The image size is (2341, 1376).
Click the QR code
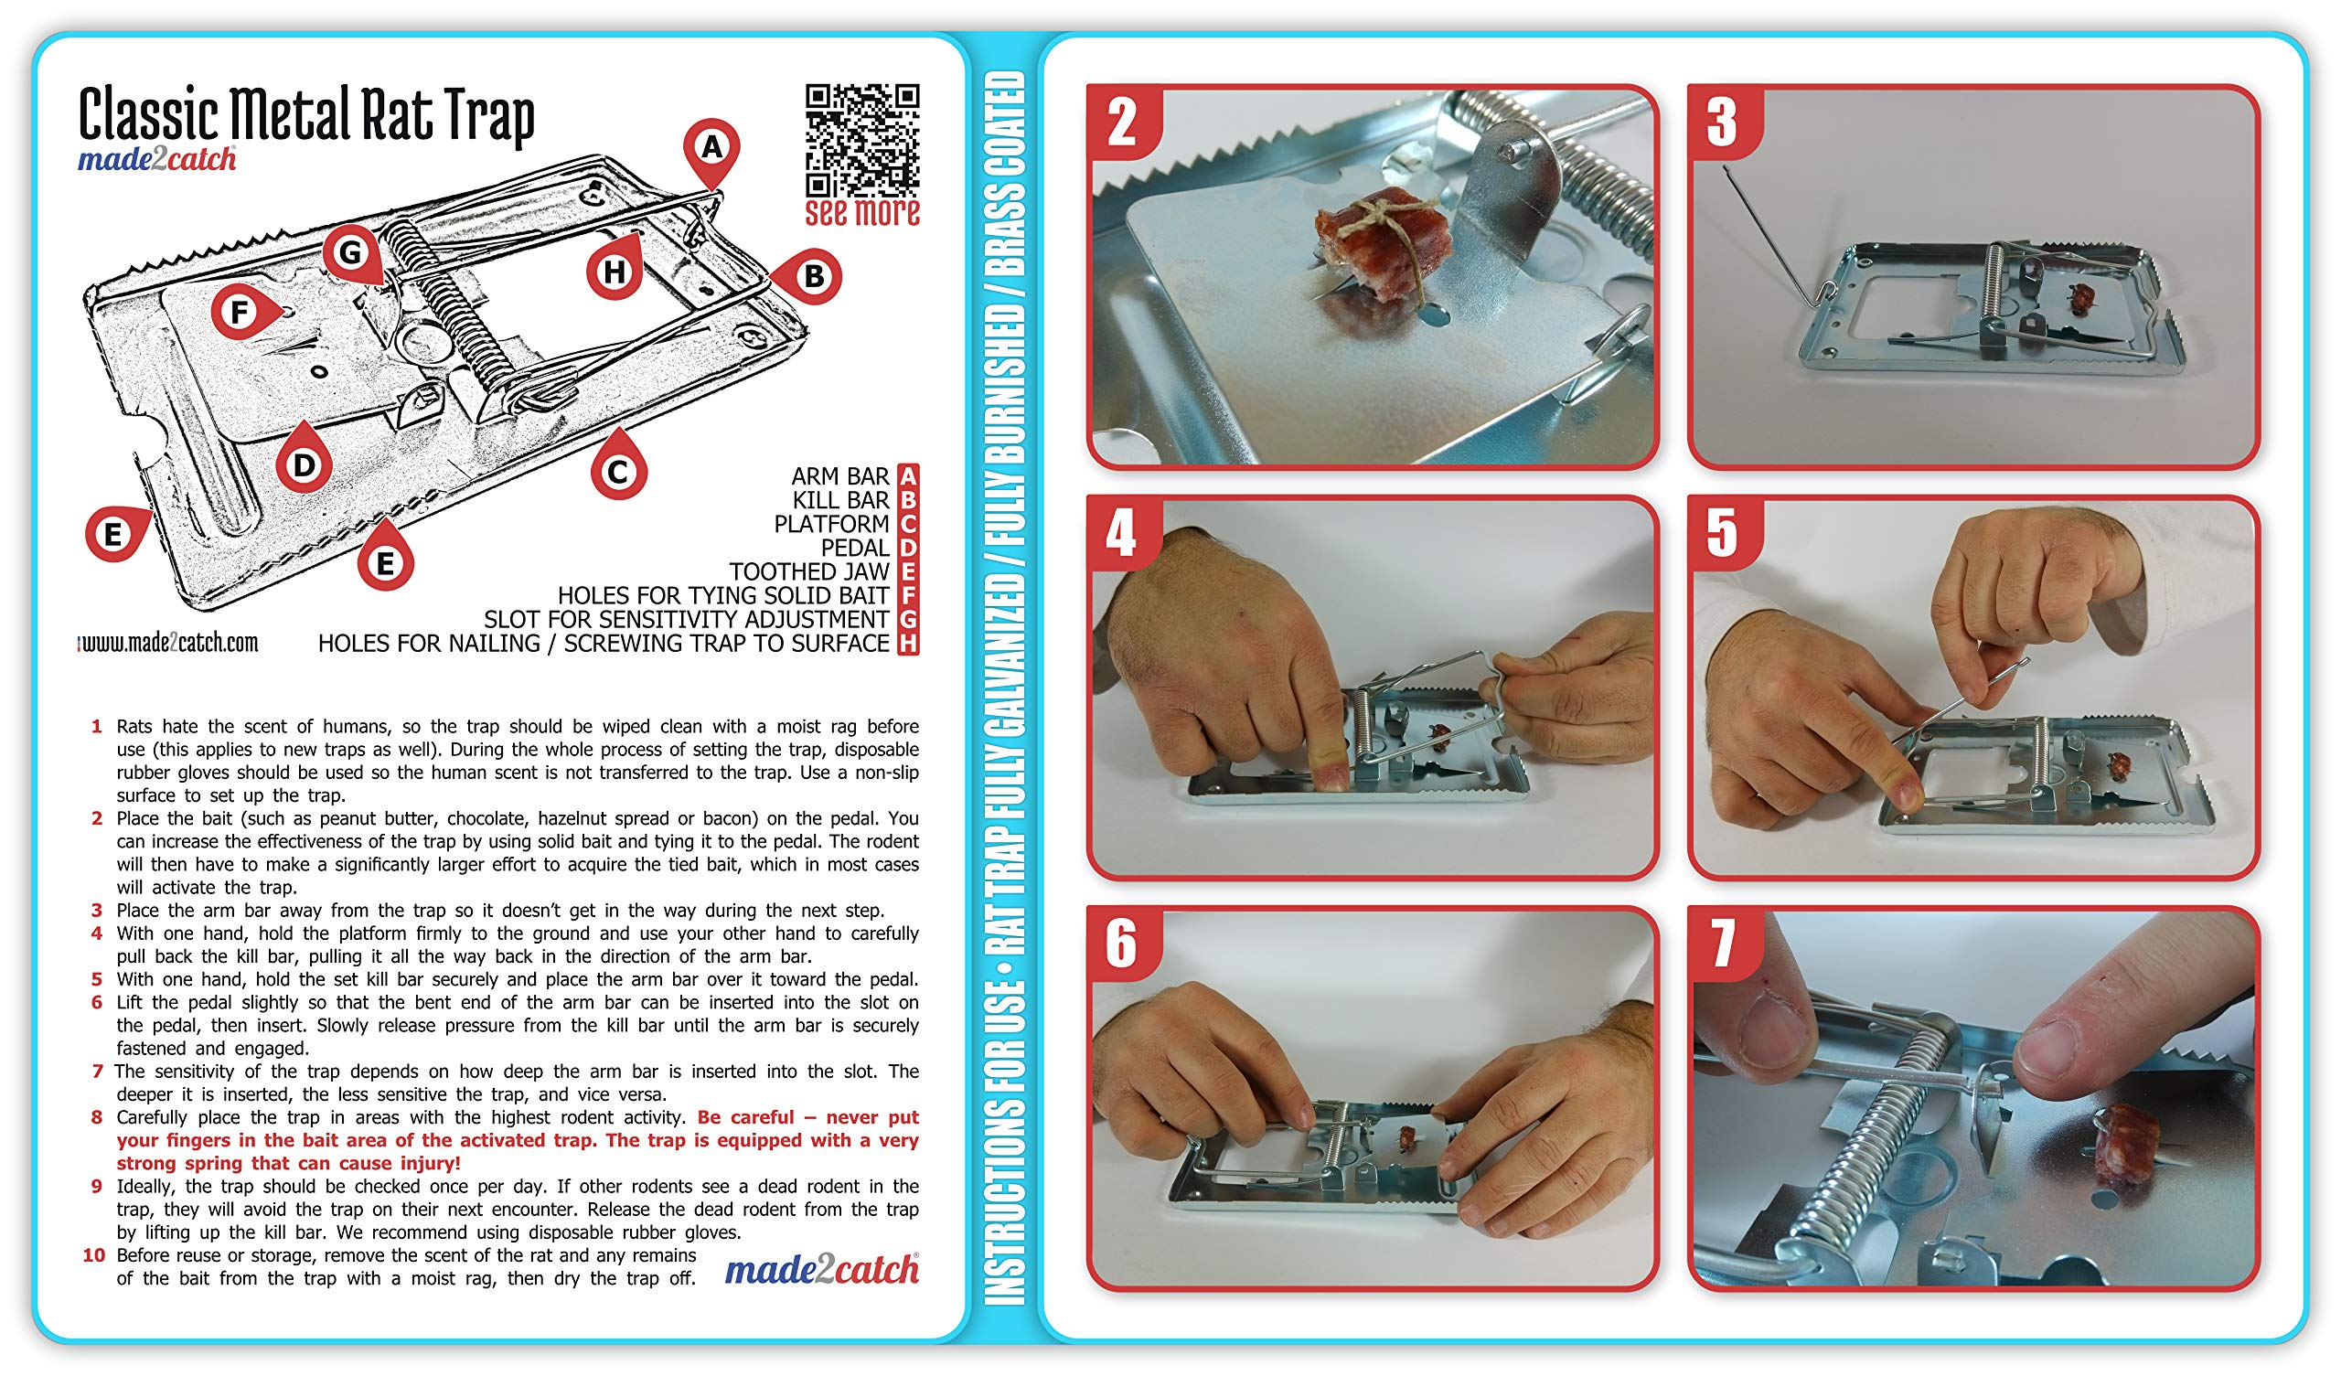click(862, 140)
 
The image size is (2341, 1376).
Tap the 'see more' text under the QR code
click(862, 213)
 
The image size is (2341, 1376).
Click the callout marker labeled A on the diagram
click(711, 153)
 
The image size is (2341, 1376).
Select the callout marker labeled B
click(807, 276)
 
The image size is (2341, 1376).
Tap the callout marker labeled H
click(615, 268)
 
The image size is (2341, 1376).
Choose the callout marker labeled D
click(304, 457)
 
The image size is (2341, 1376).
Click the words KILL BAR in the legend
click(840, 500)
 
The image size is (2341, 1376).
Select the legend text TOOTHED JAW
click(809, 571)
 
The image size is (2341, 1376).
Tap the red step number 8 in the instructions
click(97, 1116)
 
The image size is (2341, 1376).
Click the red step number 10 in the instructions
click(94, 1255)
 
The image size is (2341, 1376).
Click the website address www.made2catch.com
click(168, 642)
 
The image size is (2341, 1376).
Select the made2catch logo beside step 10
click(822, 1269)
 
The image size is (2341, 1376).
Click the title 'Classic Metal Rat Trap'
click(306, 114)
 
